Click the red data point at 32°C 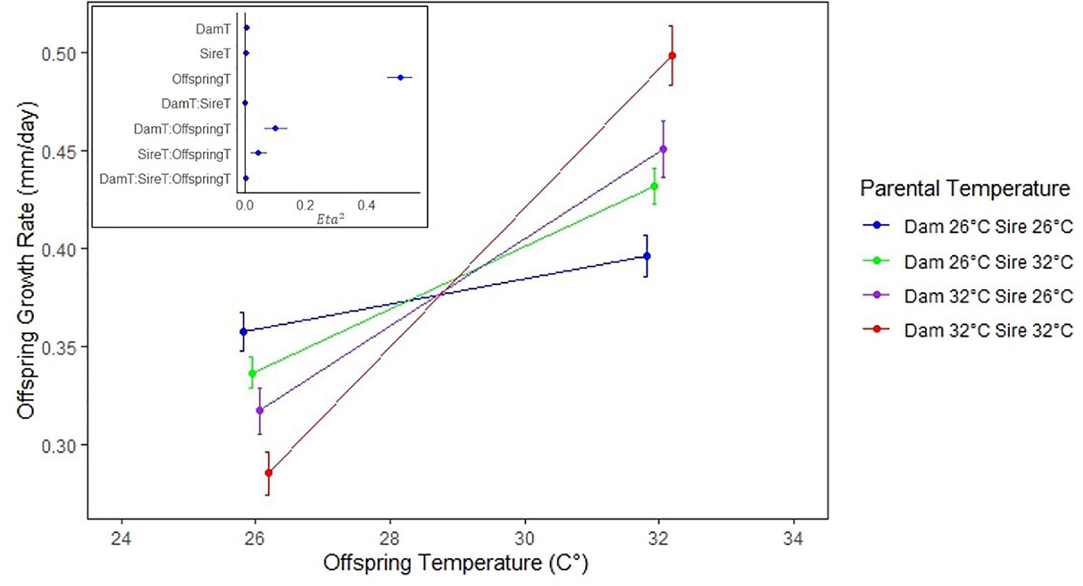(671, 56)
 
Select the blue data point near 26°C (244, 331)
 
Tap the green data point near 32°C (654, 186)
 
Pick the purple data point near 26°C (260, 410)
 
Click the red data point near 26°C (268, 472)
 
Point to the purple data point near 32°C (663, 149)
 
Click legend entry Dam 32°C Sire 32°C (988, 330)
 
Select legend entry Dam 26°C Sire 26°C (988, 227)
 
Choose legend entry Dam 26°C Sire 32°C (988, 262)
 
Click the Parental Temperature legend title (965, 189)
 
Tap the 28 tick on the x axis (390, 539)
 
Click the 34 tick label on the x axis (793, 539)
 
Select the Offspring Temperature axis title (456, 563)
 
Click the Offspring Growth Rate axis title (27, 261)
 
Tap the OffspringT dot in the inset (400, 77)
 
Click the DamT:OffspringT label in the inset (182, 129)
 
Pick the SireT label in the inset (215, 54)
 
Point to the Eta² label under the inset (330, 219)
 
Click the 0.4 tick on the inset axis (366, 206)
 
